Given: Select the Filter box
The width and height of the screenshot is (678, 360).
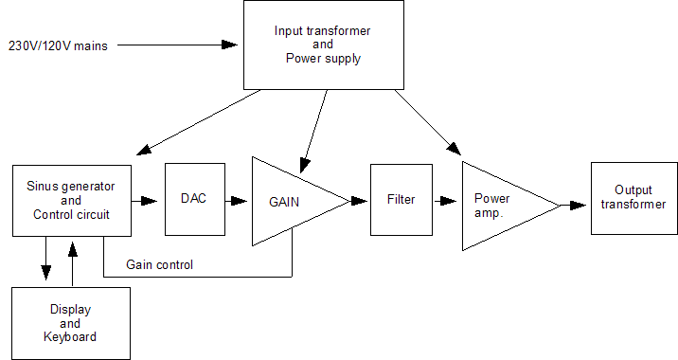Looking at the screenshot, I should click(x=401, y=200).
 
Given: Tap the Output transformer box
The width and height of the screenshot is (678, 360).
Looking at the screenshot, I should click(x=633, y=198).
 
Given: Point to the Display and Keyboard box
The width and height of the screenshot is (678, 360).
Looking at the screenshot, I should click(x=71, y=322).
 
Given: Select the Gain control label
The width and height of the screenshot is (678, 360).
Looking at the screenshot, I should click(x=159, y=264).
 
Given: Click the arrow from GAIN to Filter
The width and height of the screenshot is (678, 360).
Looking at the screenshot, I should click(x=358, y=200).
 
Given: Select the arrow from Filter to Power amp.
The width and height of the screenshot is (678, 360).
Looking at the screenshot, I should click(x=445, y=200).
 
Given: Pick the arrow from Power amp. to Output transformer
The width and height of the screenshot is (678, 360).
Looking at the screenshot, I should click(x=574, y=204).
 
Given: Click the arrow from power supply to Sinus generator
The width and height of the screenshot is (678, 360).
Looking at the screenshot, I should click(x=199, y=121).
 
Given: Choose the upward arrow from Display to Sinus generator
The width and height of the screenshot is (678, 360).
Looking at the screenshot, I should click(x=73, y=261).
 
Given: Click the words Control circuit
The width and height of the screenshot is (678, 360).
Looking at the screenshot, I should click(x=71, y=214).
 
